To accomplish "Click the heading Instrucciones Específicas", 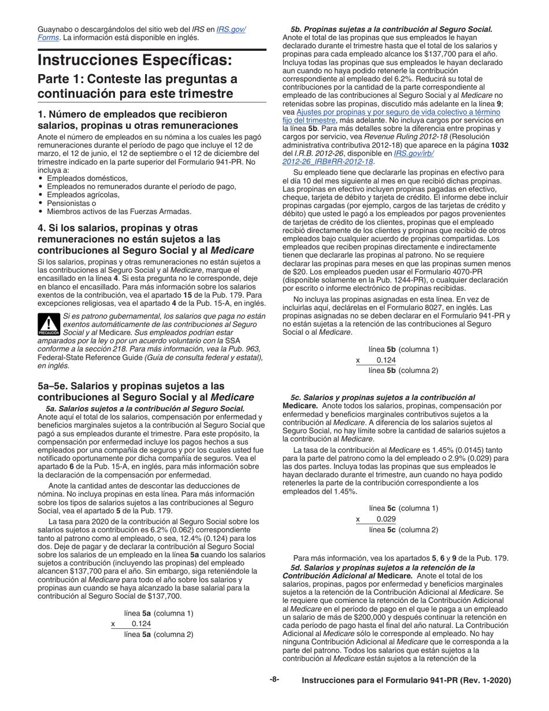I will coord(135,60).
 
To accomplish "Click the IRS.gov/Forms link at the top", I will coord(231,29).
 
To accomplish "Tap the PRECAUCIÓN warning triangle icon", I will coord(49,325).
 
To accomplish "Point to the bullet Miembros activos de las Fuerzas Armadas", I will coord(118,212).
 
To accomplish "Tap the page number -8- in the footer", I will coord(274,680).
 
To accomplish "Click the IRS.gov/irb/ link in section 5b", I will coord(414,153).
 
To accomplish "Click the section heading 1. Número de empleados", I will coord(132,120).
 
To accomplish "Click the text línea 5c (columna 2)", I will coord(403,529).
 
